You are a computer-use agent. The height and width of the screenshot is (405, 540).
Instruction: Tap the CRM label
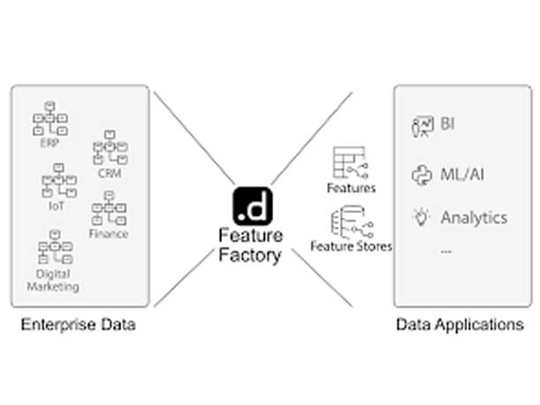[110, 173]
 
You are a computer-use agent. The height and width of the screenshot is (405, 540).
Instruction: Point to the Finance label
[108, 233]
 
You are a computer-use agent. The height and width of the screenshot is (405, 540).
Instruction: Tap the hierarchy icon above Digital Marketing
[56, 249]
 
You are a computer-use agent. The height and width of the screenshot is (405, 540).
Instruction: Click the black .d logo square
[251, 206]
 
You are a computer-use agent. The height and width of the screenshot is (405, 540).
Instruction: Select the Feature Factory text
[251, 246]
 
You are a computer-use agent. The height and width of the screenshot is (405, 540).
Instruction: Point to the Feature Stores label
[352, 245]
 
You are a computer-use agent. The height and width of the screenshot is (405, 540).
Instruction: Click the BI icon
[422, 126]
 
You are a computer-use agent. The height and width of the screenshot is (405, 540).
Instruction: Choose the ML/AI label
[462, 172]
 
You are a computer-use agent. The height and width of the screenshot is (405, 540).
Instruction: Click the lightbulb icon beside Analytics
[421, 217]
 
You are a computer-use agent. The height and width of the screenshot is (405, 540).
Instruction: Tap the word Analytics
[474, 217]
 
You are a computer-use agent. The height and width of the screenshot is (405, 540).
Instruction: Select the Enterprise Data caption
[79, 325]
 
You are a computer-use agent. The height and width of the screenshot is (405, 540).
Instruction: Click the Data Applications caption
[459, 325]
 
